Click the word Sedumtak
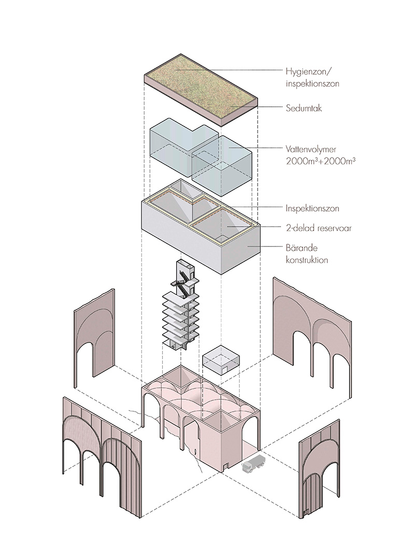pos(301,109)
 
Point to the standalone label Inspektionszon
pos(313,208)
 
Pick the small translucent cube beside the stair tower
pos(221,361)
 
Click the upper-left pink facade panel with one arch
pos(95,339)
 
